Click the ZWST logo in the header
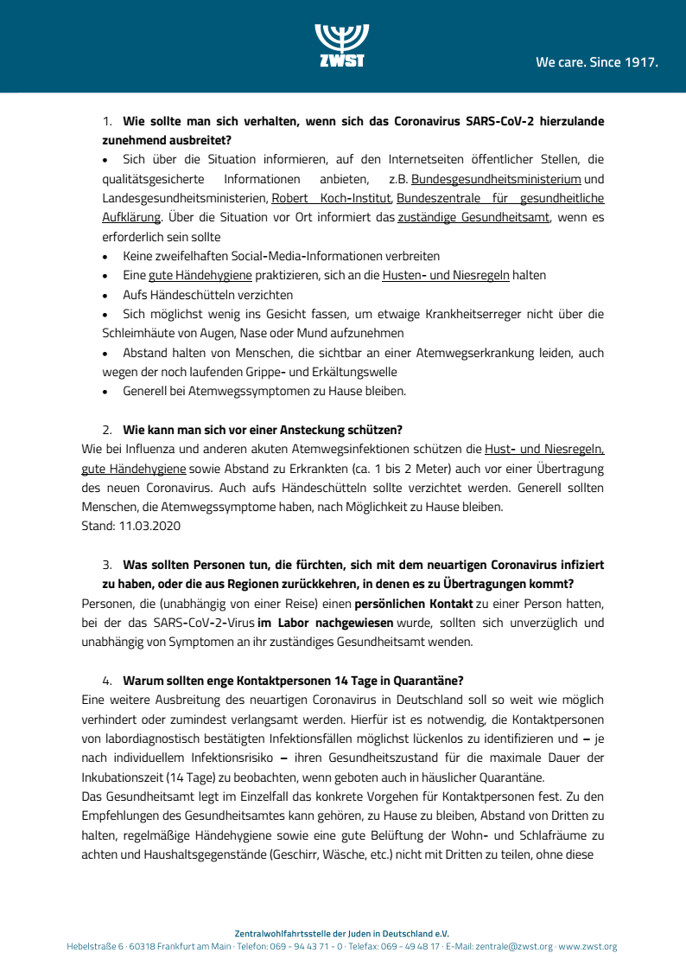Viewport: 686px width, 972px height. (x=342, y=46)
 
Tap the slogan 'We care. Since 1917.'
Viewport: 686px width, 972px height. (x=597, y=62)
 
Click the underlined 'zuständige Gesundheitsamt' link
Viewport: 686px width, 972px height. (x=473, y=218)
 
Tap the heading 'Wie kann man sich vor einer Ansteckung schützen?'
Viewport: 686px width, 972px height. (x=263, y=429)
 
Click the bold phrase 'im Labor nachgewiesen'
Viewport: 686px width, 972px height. (x=325, y=623)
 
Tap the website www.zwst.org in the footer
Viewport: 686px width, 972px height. (x=588, y=947)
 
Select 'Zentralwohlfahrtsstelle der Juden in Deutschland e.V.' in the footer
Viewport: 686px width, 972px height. (x=342, y=933)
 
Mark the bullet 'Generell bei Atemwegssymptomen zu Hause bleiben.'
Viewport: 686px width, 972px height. (x=264, y=391)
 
